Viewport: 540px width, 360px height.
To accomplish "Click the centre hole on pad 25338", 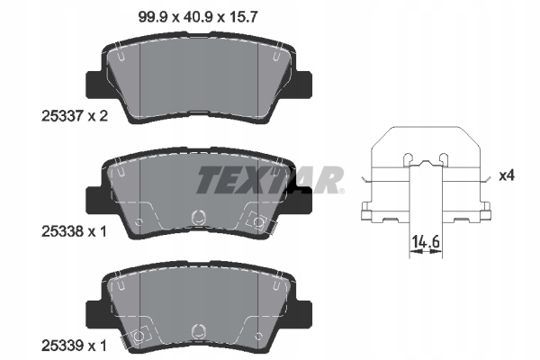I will (199, 216).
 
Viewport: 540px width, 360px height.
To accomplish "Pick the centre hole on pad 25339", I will (199, 330).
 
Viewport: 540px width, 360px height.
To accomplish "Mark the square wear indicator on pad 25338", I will (257, 220).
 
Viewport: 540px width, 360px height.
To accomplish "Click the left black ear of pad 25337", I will (94, 85).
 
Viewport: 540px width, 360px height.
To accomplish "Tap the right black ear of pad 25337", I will (303, 85).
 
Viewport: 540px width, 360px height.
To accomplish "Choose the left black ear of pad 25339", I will (94, 312).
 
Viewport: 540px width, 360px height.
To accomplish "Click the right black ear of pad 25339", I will (303, 312).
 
